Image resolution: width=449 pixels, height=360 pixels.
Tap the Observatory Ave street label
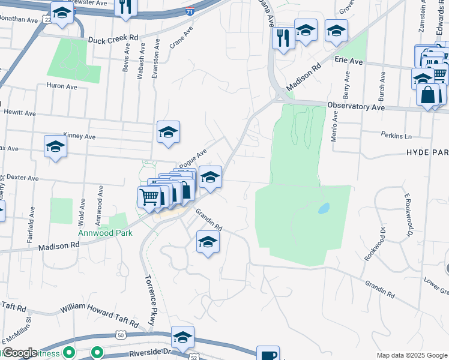pyautogui.click(x=355, y=106)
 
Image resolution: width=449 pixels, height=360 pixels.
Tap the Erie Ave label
pyautogui.click(x=349, y=61)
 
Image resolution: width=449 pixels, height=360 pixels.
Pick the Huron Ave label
pyautogui.click(x=62, y=86)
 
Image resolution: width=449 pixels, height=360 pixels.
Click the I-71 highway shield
pyautogui.click(x=190, y=11)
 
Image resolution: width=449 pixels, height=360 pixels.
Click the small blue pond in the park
pyautogui.click(x=324, y=208)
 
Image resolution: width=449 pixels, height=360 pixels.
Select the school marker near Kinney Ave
pyautogui.click(x=169, y=132)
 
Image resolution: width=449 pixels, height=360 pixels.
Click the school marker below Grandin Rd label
pyautogui.click(x=208, y=242)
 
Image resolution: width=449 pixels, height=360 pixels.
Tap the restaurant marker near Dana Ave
pyautogui.click(x=282, y=38)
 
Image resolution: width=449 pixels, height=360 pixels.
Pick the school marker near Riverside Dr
pyautogui.click(x=182, y=338)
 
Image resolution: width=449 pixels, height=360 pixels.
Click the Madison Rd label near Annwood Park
pyautogui.click(x=59, y=246)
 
